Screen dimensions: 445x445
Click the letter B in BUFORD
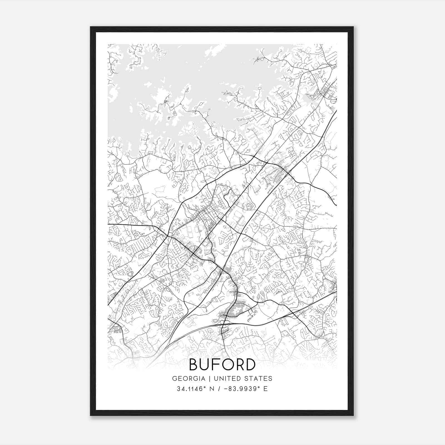(x=194, y=365)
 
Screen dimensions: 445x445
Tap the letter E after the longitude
(x=266, y=389)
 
